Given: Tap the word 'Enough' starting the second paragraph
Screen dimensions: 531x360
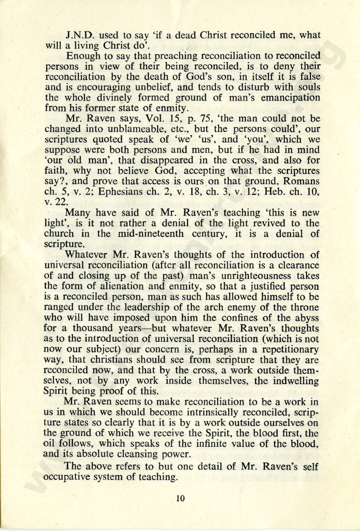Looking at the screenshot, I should [x=82, y=56].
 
